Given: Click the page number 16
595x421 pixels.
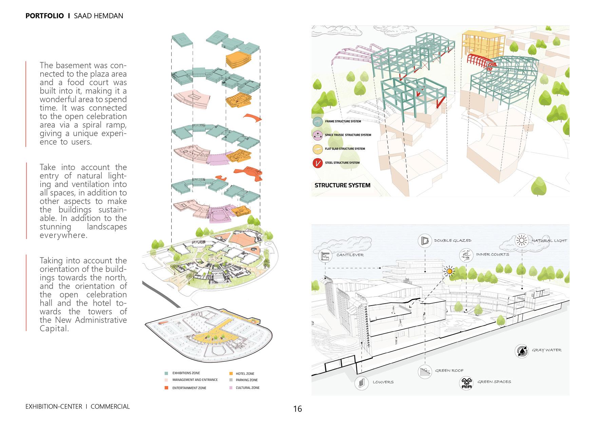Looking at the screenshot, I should [297, 409].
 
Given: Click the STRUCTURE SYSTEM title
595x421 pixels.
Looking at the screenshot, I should [342, 185].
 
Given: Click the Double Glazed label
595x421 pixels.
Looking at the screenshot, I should [453, 241].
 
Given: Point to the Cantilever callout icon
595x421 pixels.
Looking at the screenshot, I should [325, 255].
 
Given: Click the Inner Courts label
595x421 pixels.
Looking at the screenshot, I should [492, 255].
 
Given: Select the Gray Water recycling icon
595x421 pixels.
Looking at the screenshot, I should [521, 351].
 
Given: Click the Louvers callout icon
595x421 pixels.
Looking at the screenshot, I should [361, 382].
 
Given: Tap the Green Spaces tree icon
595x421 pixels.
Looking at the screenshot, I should [466, 383].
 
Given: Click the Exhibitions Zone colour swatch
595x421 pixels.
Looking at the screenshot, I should [166, 373].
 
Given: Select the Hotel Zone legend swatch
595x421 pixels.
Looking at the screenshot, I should [231, 373].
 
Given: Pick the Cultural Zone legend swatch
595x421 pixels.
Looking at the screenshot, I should [231, 388].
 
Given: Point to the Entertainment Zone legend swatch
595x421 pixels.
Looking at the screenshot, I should [166, 388].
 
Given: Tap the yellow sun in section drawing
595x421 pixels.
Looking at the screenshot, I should [449, 271].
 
